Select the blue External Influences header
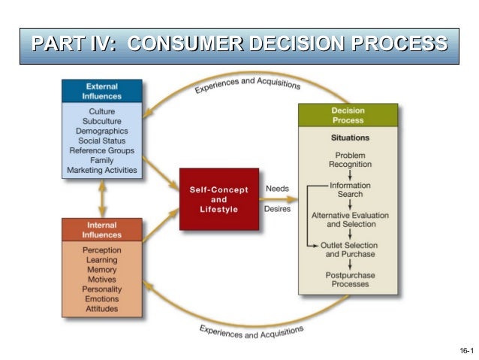pos(102,92)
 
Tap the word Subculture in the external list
pos(102,121)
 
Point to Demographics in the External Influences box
pos(102,131)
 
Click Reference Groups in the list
pos(102,150)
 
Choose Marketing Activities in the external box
pos(102,170)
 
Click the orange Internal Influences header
pos(102,230)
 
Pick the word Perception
pos(102,250)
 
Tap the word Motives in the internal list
pos(102,279)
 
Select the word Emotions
pos(102,298)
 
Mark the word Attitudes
pos(102,308)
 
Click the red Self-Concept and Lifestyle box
pos(218,199)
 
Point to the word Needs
pos(277,188)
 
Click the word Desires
pos(277,209)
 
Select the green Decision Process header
pos(348,115)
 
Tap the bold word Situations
pos(350,138)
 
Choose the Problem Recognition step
pos(350,159)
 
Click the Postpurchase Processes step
pos(350,280)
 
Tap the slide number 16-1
pos(465,351)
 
